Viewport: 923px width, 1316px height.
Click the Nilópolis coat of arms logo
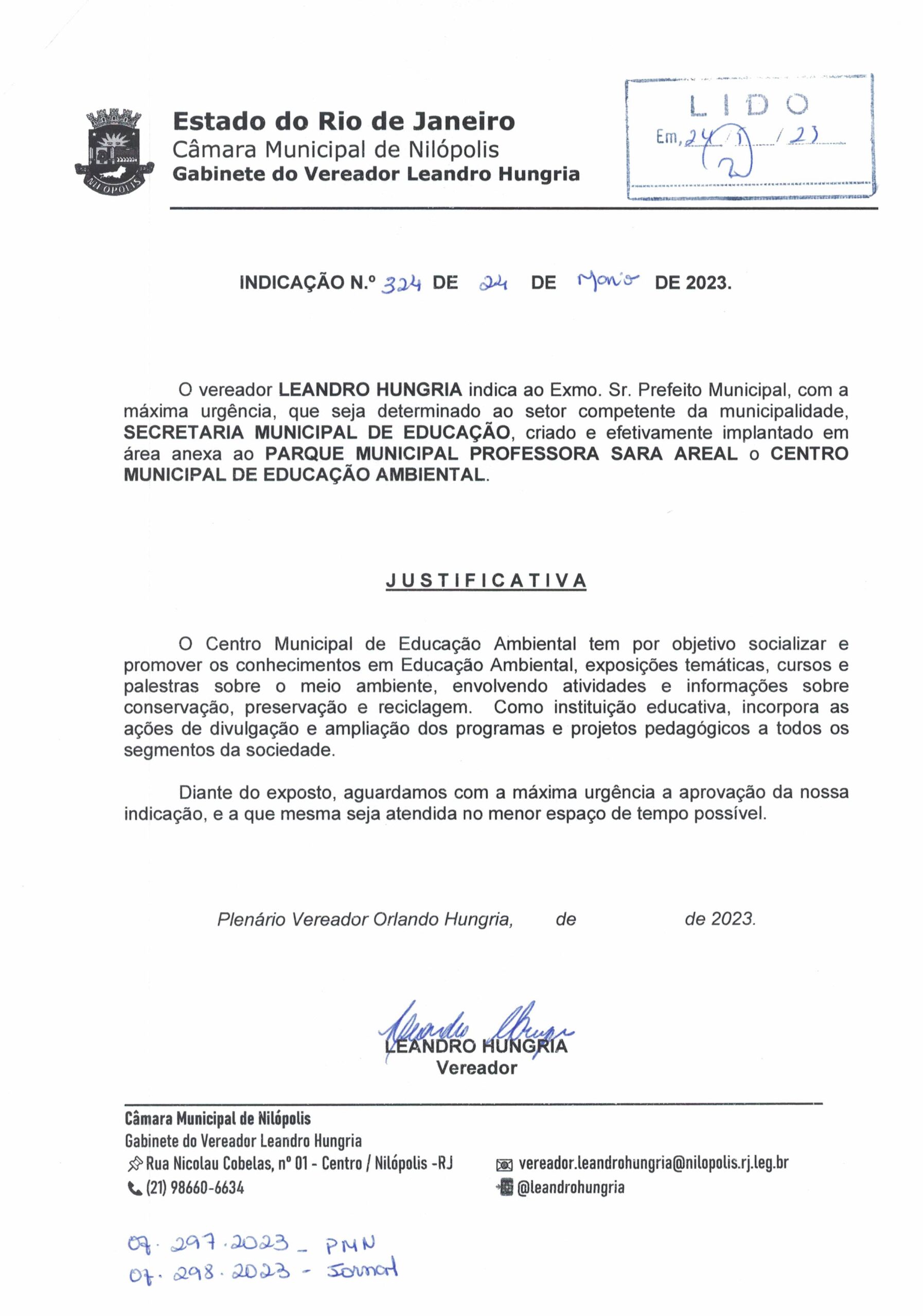pos(115,151)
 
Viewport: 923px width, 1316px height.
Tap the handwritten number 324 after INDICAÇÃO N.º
pos(401,283)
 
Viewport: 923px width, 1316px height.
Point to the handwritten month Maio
pos(608,281)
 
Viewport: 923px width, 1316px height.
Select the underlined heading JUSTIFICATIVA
pos(485,580)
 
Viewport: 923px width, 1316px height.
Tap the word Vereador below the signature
pos(476,1068)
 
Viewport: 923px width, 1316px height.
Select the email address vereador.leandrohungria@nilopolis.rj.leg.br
pos(653,1162)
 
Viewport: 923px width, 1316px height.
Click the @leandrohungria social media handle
pos(570,1187)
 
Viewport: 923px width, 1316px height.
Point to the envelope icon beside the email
pos(503,1164)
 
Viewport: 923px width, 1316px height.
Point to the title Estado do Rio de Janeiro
pos(344,121)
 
